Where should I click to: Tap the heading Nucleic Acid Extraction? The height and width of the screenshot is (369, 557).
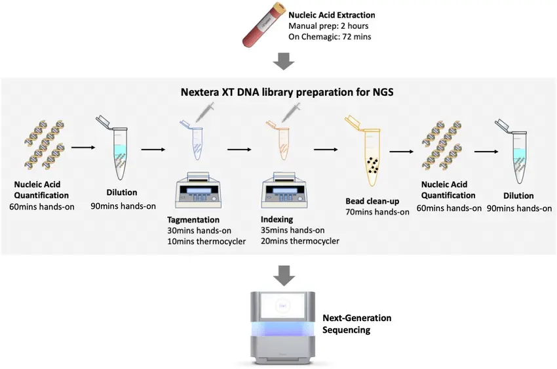332,15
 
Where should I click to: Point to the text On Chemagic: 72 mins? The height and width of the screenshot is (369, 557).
330,37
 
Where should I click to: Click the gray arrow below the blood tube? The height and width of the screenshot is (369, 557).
284,61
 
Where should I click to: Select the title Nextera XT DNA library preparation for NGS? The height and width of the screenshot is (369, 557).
287,92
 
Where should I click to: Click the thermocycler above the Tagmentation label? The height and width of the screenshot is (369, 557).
198,190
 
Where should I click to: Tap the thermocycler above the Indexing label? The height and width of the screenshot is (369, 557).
284,190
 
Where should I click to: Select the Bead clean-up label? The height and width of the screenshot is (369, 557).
372,201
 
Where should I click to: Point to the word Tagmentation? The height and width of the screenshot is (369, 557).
193,219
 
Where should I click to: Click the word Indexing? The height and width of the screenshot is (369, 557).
277,219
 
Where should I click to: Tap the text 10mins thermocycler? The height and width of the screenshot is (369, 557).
206,241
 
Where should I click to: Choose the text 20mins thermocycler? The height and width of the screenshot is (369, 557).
300,241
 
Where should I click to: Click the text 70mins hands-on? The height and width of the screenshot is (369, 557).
377,212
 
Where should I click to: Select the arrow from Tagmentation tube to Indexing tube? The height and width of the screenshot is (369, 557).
239,150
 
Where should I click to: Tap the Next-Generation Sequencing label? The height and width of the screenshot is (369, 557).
356,324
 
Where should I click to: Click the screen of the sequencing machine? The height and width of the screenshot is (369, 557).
283,306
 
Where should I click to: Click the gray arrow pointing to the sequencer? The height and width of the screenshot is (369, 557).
284,275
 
